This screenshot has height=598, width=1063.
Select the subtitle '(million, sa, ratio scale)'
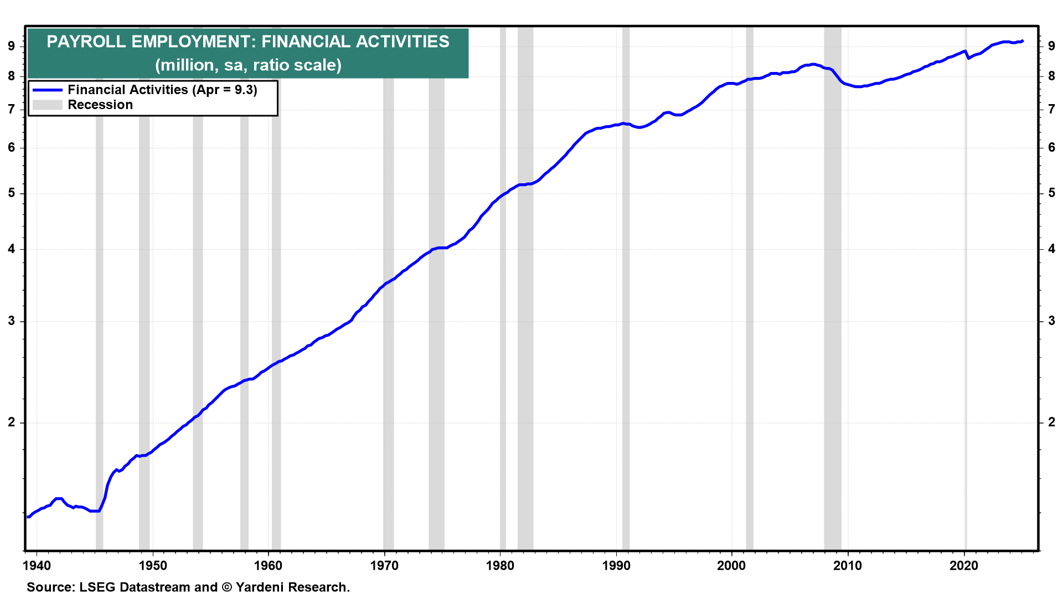click(248, 65)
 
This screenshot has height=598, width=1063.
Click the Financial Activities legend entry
click(162, 90)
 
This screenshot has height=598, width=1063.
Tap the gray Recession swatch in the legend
click(47, 105)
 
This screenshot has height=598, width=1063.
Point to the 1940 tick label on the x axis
click(37, 565)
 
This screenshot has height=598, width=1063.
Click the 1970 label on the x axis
click(384, 565)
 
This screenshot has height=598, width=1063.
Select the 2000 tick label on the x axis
click(732, 565)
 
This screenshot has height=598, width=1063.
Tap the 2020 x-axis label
click(964, 565)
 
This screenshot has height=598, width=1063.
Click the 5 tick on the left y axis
click(12, 193)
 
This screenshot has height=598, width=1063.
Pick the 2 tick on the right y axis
click(1051, 422)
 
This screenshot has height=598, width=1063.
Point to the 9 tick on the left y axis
click(12, 46)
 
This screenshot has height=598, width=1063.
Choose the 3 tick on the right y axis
click(1051, 321)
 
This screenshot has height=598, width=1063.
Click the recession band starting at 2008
click(833, 288)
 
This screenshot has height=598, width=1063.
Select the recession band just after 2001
click(750, 288)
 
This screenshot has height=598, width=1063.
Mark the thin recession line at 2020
click(967, 288)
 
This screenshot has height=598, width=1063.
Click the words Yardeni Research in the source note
click(293, 587)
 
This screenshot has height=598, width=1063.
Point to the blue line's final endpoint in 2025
click(1023, 40)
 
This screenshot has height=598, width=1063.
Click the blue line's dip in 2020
click(968, 58)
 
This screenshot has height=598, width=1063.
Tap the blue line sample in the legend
click(47, 90)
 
